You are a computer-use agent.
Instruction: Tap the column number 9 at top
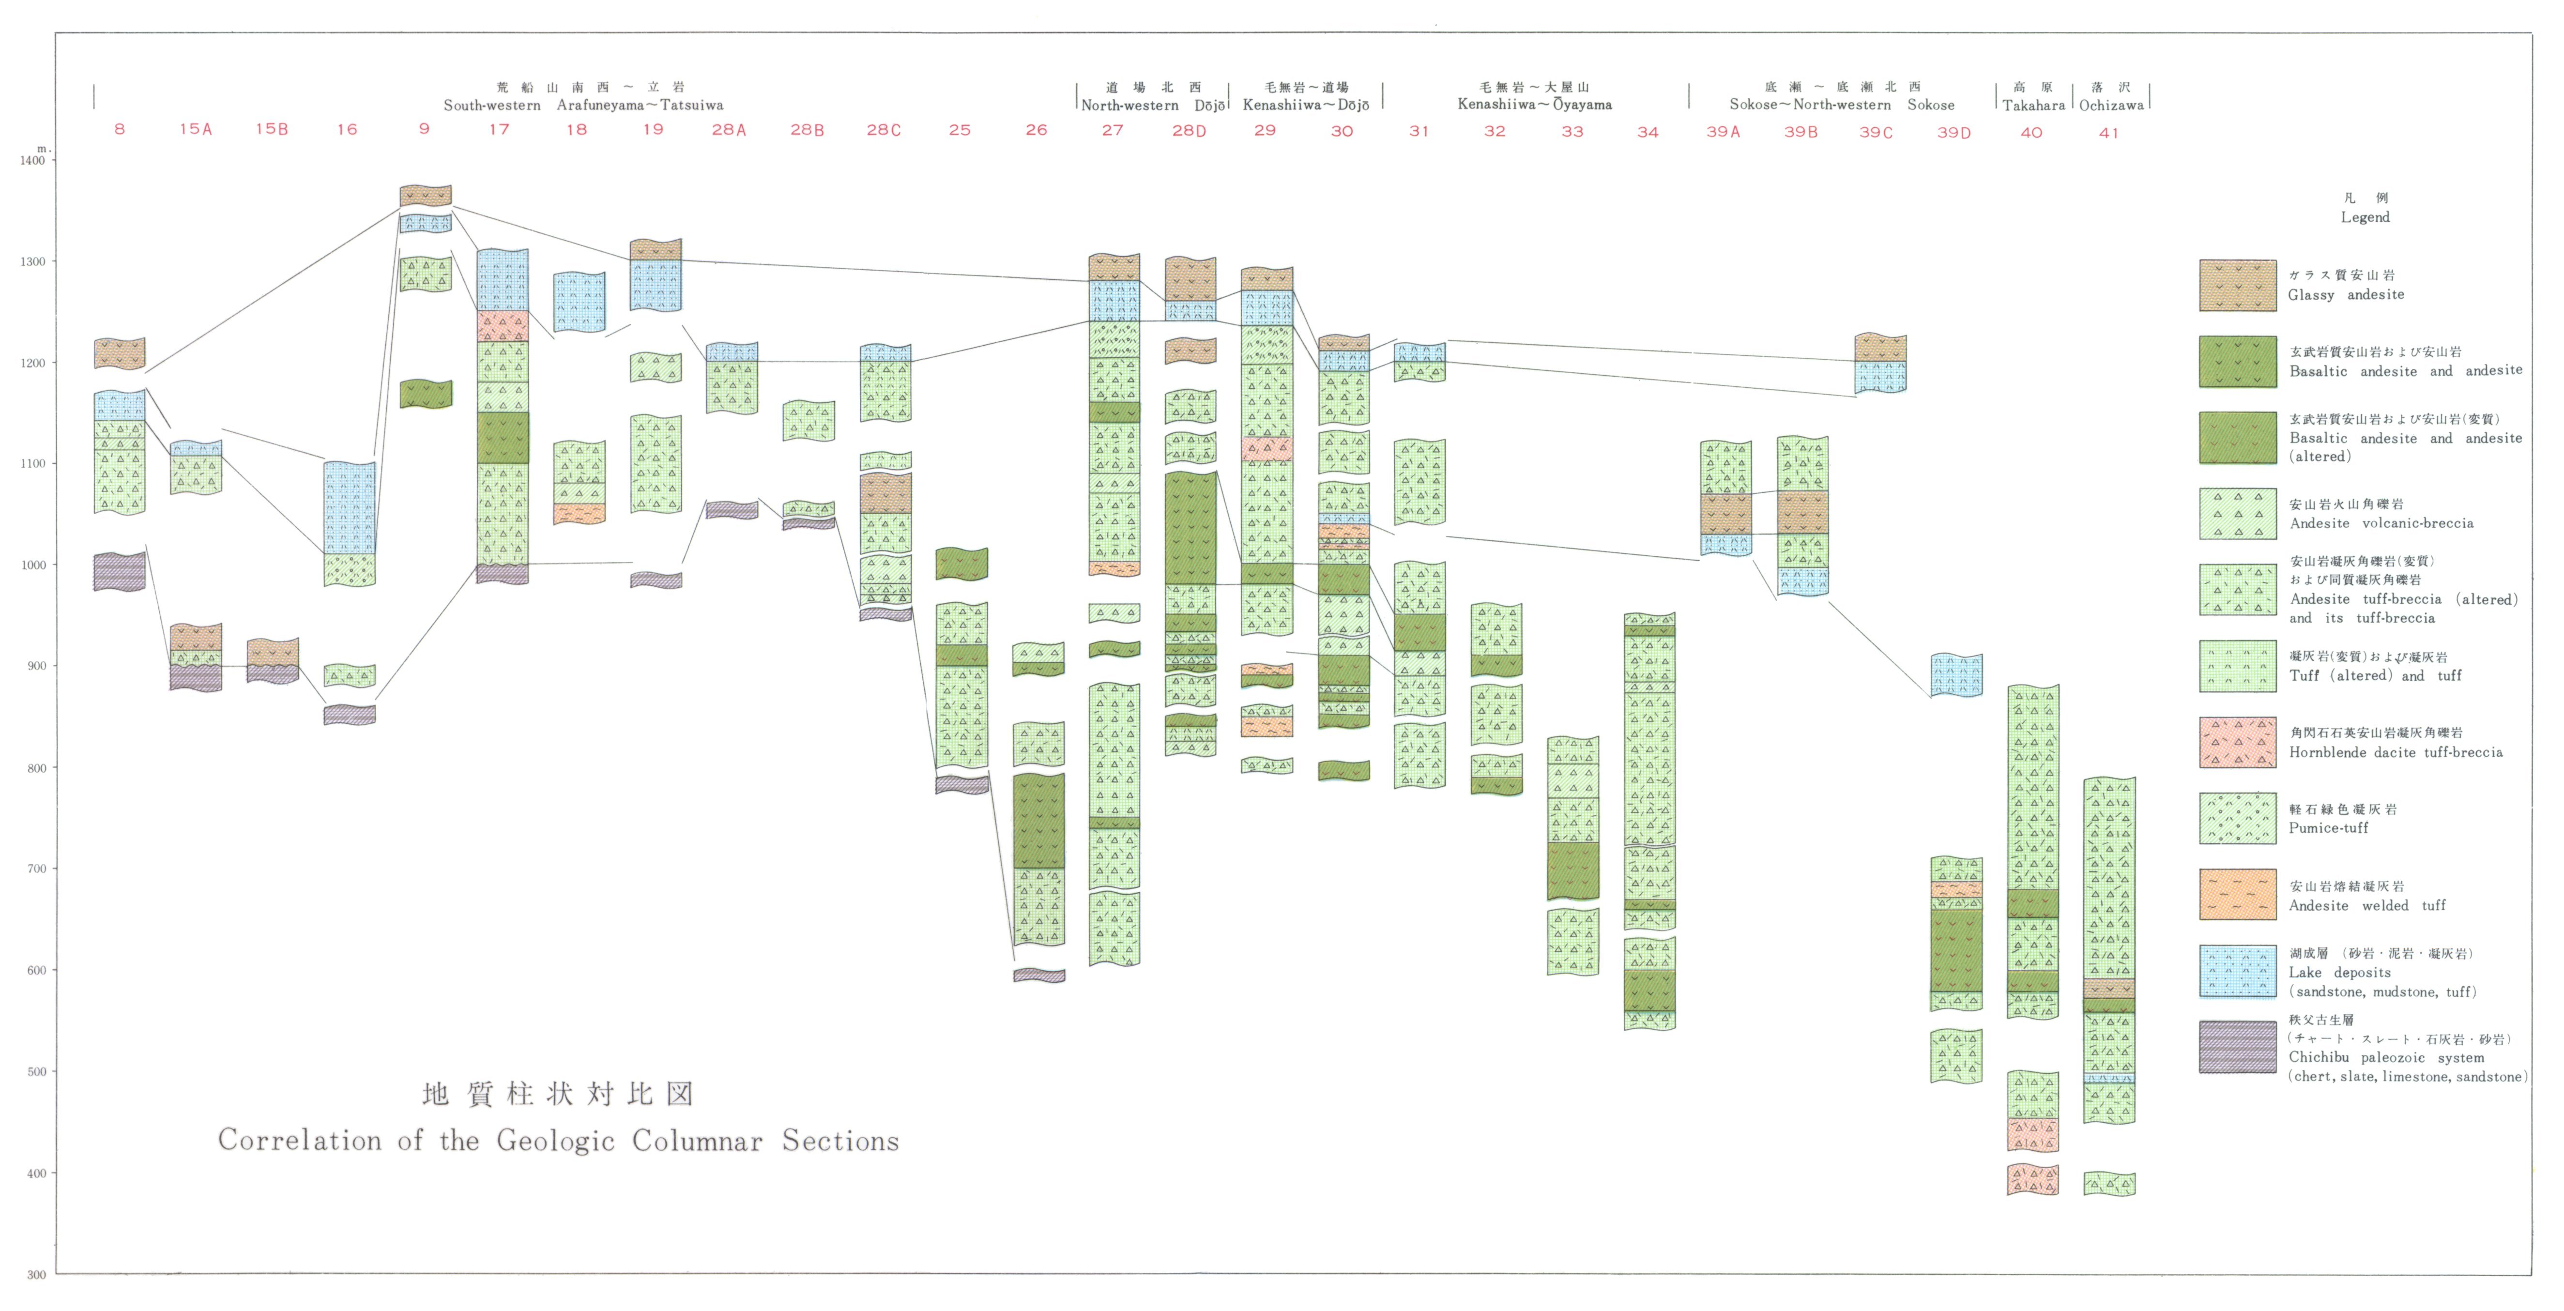pos(424,128)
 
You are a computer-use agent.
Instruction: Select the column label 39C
pos(1876,132)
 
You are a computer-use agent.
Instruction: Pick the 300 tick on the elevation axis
pos(36,1274)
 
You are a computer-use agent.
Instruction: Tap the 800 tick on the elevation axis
pos(36,767)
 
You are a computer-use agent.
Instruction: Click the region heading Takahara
pos(2033,105)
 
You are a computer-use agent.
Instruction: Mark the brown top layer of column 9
pos(425,196)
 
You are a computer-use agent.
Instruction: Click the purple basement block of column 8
pos(120,572)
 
